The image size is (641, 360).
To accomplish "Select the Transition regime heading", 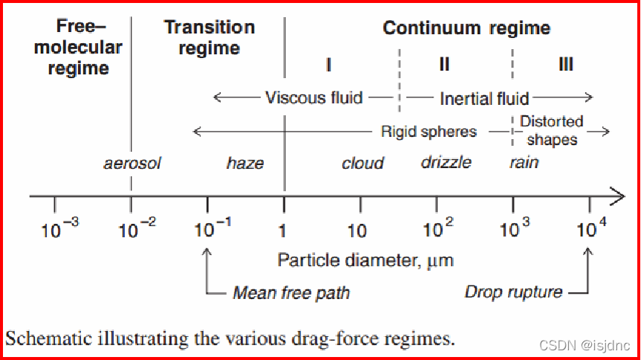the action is (x=209, y=38).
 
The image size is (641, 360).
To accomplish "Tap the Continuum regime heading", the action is (x=466, y=29).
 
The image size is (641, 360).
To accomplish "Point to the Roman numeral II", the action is (x=444, y=64).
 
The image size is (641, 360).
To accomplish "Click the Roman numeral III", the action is (x=565, y=64).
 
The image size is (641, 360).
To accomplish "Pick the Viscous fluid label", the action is (x=314, y=97).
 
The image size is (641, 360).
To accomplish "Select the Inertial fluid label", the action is (x=484, y=98).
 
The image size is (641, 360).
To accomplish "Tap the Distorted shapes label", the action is (x=551, y=129).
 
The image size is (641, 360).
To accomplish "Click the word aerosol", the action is (x=132, y=163).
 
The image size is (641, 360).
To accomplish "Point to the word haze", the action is (x=245, y=163).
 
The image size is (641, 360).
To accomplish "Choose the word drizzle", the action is (x=446, y=162).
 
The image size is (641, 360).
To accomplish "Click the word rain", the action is (x=524, y=162).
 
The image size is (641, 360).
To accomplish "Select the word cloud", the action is (x=362, y=163).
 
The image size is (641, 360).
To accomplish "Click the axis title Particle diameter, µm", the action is (x=365, y=260).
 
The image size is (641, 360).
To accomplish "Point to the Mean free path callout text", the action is (x=291, y=292).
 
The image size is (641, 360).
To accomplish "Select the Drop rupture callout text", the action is (x=513, y=292).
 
